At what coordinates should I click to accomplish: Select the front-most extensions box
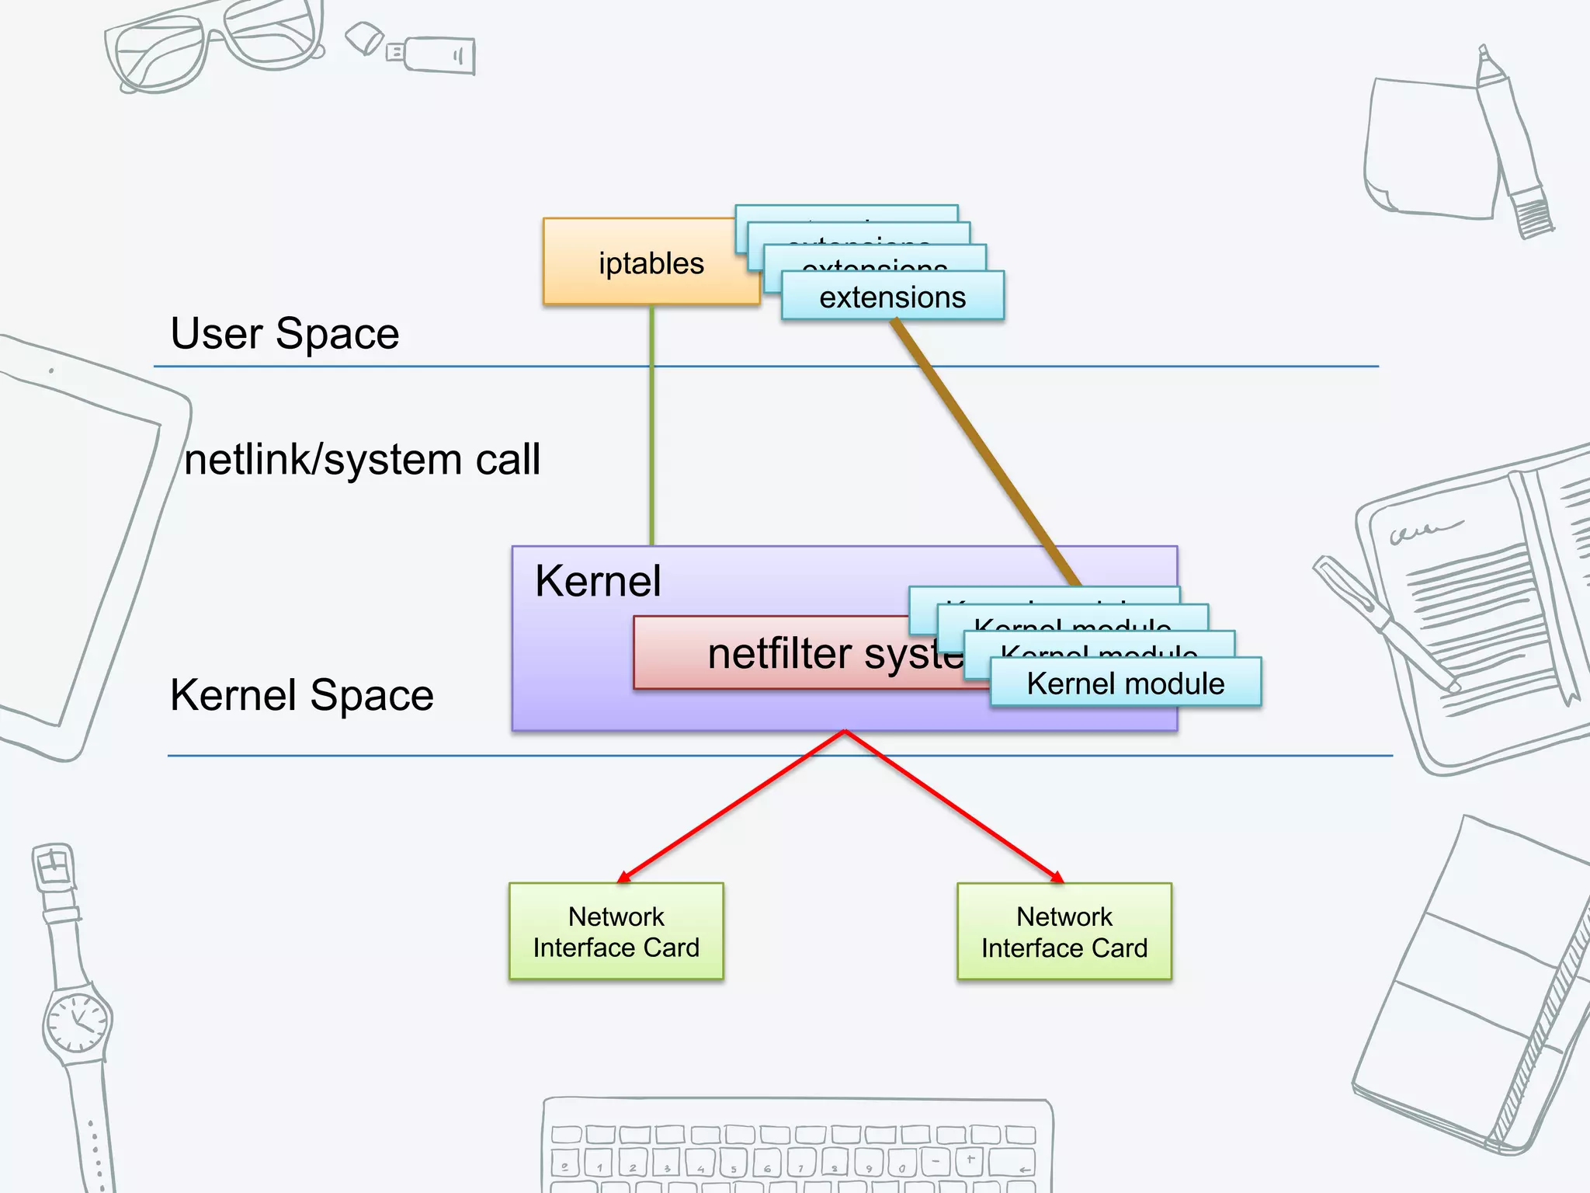(892, 297)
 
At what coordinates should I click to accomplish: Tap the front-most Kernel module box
(1125, 683)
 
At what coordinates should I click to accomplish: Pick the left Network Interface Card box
(616, 931)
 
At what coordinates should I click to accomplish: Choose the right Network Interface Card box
(1064, 931)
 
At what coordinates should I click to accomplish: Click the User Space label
(284, 334)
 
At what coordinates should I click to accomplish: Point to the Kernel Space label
(301, 694)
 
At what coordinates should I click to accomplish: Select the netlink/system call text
(362, 459)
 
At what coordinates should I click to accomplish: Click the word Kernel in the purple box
(598, 581)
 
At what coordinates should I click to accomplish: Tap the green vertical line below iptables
(651, 427)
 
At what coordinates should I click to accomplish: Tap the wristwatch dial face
(77, 1019)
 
